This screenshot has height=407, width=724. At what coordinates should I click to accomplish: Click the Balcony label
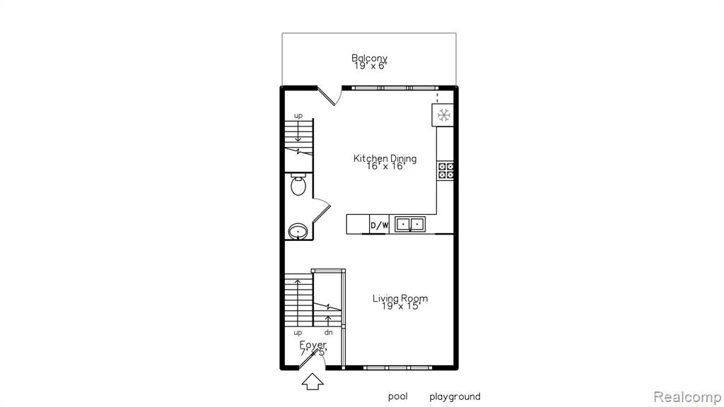[x=369, y=59]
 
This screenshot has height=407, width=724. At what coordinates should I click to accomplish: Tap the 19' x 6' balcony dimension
[x=370, y=66]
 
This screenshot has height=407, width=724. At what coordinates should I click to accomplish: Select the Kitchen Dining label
[x=385, y=158]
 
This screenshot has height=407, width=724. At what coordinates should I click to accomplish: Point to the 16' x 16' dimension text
[x=386, y=166]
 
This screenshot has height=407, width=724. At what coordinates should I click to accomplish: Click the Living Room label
[x=400, y=299]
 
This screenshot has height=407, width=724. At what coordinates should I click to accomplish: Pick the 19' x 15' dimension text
[x=401, y=306]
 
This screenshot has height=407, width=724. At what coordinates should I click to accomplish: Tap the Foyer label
[x=313, y=345]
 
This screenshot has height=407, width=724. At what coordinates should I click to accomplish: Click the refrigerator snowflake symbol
[x=444, y=115]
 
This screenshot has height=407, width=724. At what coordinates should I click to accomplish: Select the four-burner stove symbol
[x=445, y=170]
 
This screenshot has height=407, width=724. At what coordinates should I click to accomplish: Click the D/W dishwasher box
[x=380, y=225]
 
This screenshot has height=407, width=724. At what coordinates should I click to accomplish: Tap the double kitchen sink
[x=410, y=224]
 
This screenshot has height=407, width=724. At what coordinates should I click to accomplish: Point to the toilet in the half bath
[x=298, y=185]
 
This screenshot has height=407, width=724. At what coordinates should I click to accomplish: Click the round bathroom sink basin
[x=298, y=231]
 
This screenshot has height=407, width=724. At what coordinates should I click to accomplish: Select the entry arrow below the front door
[x=313, y=381]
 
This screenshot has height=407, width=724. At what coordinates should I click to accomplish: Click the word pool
[x=397, y=397]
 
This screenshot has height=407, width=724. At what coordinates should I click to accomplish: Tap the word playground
[x=455, y=397]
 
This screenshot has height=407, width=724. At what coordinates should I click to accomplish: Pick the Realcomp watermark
[x=688, y=397]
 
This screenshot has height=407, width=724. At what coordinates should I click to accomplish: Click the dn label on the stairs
[x=328, y=332]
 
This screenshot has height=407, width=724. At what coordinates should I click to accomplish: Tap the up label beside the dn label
[x=298, y=333]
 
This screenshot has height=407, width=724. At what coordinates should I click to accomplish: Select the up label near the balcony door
[x=298, y=116]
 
